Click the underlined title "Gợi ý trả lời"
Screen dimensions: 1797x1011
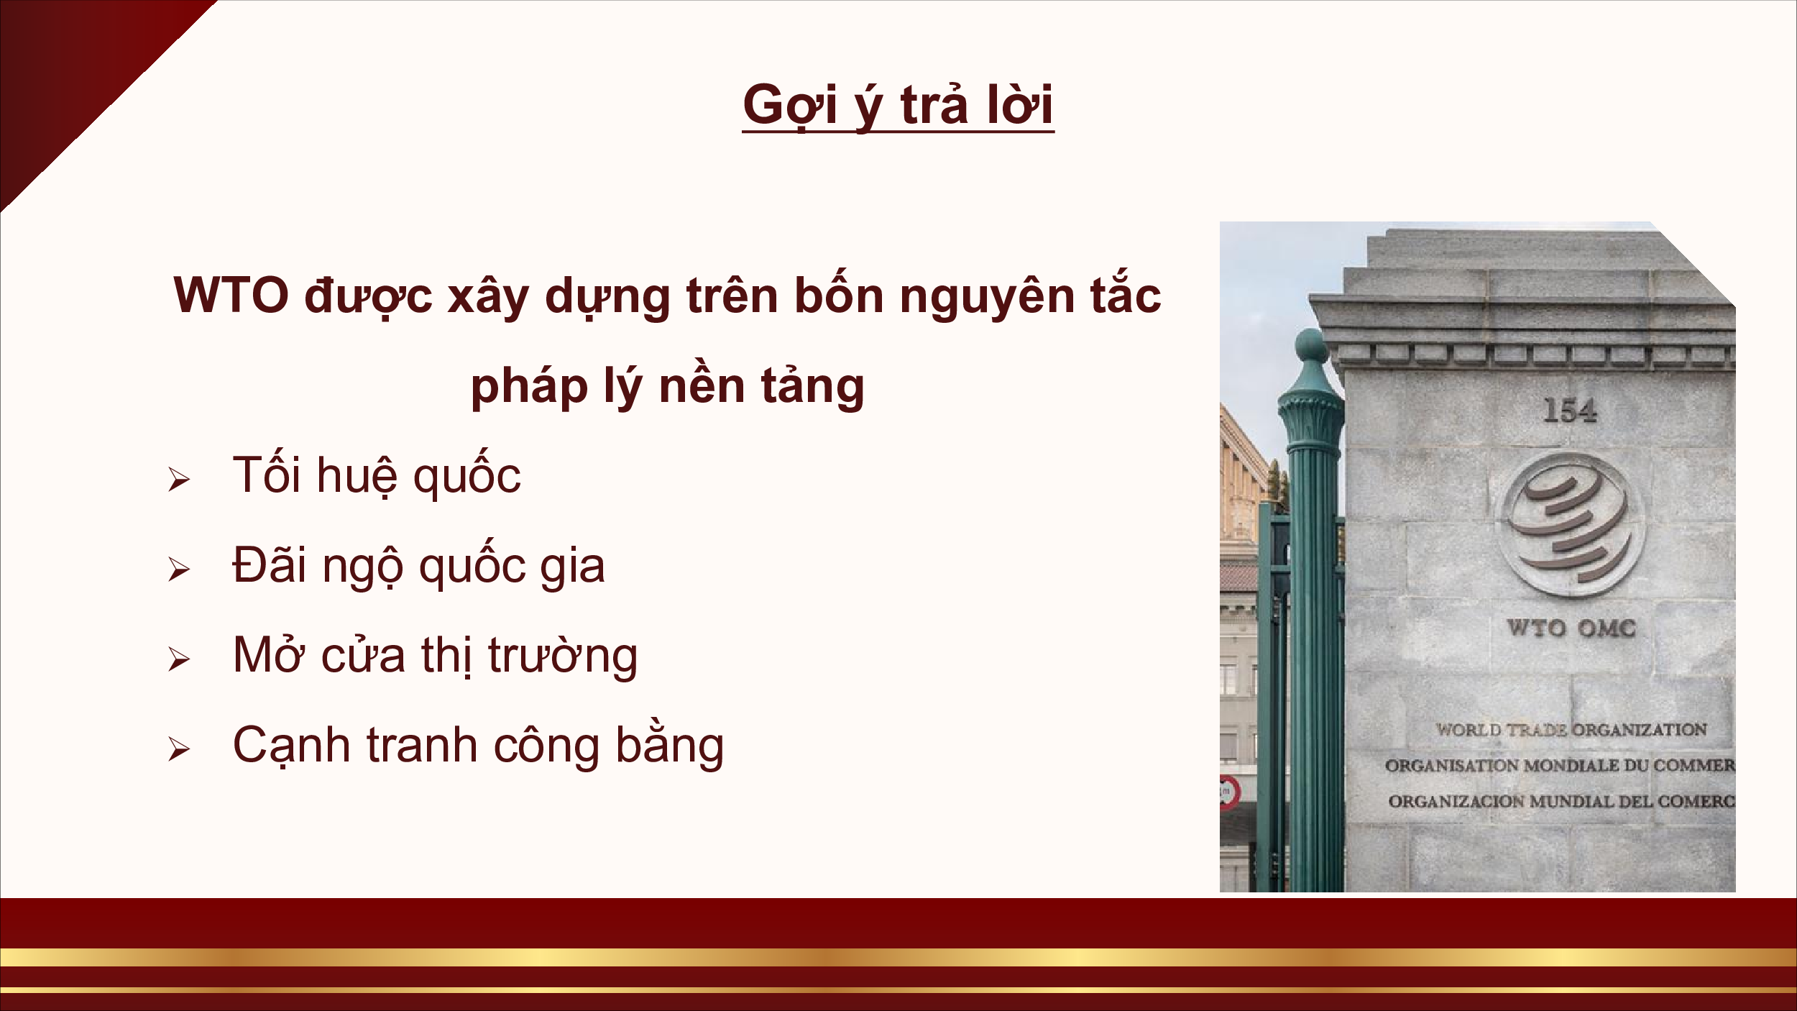click(x=898, y=106)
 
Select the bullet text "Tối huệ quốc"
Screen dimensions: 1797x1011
click(x=377, y=475)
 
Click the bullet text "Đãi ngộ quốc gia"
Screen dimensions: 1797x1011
click(x=418, y=564)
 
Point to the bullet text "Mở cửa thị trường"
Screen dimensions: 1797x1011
click(x=435, y=655)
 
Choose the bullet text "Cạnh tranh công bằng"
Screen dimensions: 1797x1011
click(x=478, y=745)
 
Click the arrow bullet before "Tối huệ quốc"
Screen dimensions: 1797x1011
click(x=179, y=480)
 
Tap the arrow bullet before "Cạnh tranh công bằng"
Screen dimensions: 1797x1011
click(x=179, y=749)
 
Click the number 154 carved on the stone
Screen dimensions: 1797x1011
click(x=1569, y=411)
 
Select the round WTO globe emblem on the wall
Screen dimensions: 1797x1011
click(x=1572, y=524)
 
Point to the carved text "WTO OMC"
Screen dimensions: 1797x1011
click(x=1571, y=628)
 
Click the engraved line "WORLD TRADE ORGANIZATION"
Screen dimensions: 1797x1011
click(x=1571, y=730)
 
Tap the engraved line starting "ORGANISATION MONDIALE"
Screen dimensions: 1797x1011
click(x=1560, y=766)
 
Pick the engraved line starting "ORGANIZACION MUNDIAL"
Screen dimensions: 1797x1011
click(x=1561, y=801)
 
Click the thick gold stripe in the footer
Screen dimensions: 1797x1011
click(x=898, y=957)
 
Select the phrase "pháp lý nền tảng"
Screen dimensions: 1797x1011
click(x=668, y=386)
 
